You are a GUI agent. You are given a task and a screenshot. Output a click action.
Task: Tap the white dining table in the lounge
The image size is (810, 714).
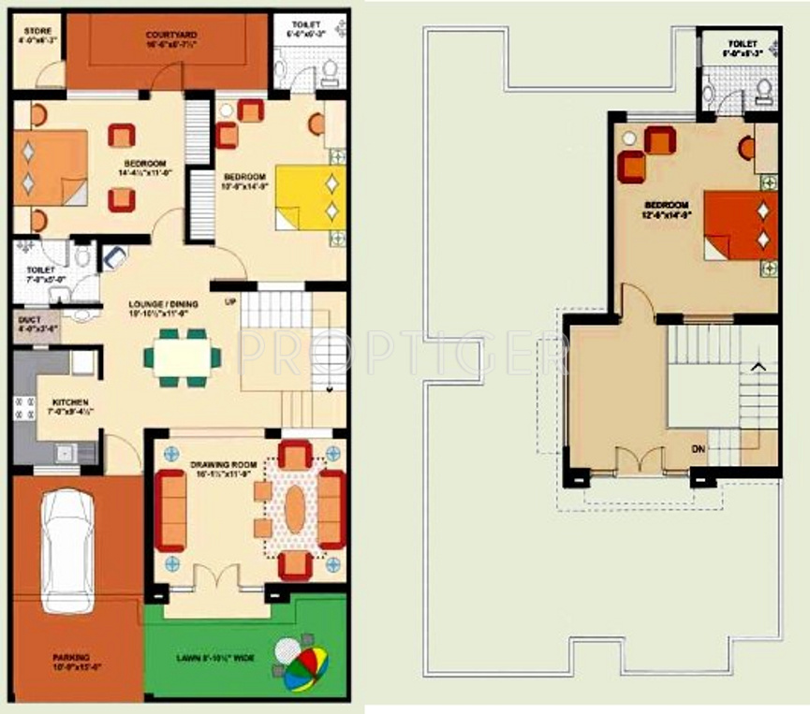[x=183, y=357]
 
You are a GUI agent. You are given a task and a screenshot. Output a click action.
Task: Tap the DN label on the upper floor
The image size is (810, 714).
[x=699, y=450]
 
